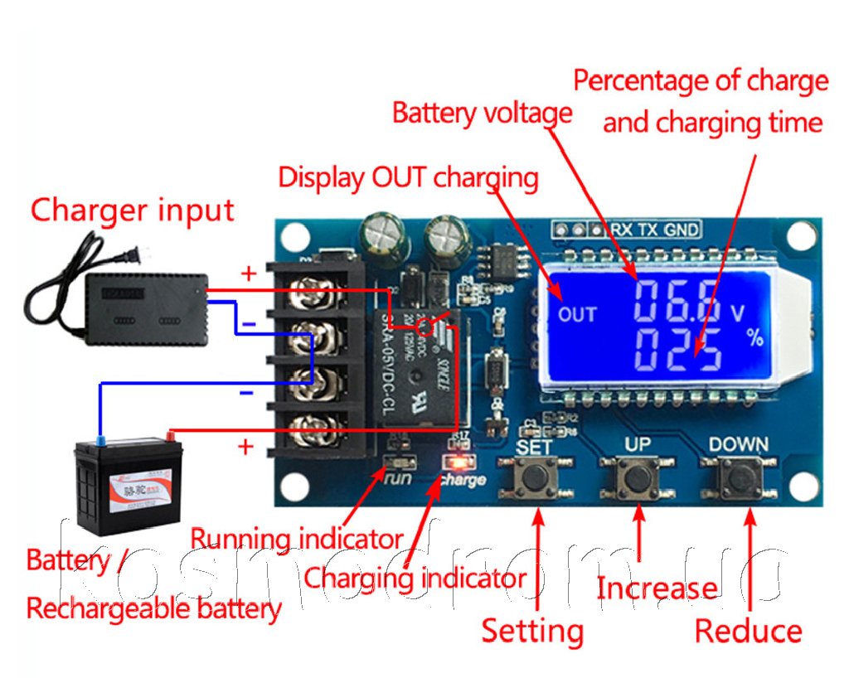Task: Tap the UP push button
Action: (638, 477)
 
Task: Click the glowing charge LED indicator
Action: (455, 462)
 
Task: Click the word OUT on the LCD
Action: (577, 314)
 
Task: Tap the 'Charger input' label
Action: (133, 211)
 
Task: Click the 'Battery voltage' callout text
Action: (482, 113)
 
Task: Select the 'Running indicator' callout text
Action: (296, 539)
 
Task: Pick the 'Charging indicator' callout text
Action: (415, 578)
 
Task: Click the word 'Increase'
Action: (657, 588)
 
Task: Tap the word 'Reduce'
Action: (748, 632)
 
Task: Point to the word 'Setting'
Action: (532, 631)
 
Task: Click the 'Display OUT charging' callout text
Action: (408, 177)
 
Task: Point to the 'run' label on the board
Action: (399, 478)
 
